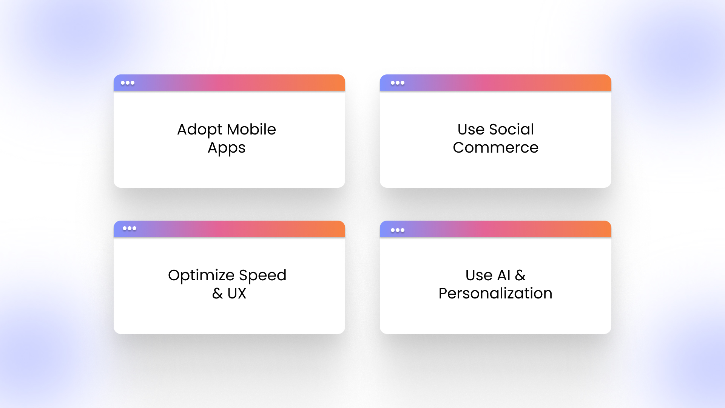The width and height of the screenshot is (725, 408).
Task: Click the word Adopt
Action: click(x=200, y=130)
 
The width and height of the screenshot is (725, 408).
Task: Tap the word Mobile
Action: click(x=251, y=129)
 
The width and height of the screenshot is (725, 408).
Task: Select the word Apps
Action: click(x=227, y=148)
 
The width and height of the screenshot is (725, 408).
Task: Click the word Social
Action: click(x=511, y=129)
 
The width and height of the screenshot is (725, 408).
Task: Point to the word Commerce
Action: click(x=495, y=147)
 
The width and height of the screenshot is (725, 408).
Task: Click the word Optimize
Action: click(x=201, y=276)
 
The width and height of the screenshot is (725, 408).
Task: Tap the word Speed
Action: click(x=262, y=276)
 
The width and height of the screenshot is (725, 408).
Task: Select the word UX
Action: click(x=237, y=293)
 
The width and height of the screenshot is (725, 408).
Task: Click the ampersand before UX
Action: click(x=217, y=293)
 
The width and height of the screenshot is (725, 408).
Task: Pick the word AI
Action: click(x=504, y=275)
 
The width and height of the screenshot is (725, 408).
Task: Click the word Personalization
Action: click(x=495, y=293)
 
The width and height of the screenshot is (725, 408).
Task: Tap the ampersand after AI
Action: click(x=520, y=275)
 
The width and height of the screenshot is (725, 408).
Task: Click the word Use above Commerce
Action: click(x=471, y=129)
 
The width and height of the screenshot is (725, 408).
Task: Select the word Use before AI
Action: click(x=479, y=275)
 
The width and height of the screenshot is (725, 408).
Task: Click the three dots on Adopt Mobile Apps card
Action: click(x=128, y=83)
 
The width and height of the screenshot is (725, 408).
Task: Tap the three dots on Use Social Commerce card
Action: click(x=398, y=83)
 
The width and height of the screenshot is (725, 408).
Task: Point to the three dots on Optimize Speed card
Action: click(x=130, y=228)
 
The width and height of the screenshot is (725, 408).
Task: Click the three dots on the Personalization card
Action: click(x=398, y=230)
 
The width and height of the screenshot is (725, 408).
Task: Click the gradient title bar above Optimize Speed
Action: click(x=229, y=229)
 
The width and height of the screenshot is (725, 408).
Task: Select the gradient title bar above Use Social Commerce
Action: click(x=495, y=83)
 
